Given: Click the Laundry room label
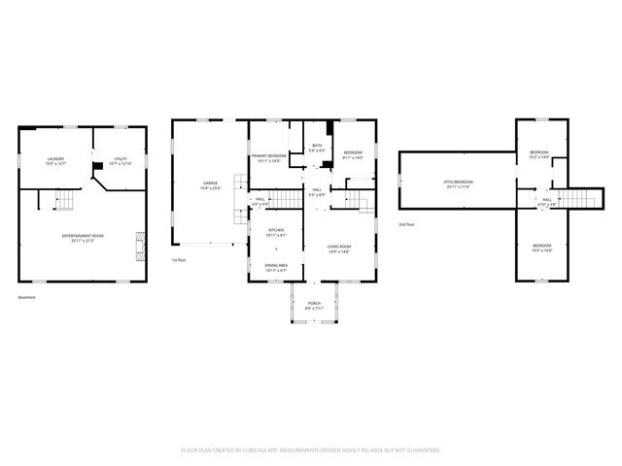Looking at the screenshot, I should coord(55,159).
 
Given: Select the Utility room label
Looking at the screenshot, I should coord(120,158).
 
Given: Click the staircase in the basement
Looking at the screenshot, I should coord(64,201).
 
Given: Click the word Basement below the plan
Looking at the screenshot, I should coord(26,297).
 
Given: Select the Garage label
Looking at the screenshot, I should coord(210,183).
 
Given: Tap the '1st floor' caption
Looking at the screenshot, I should coord(179,260).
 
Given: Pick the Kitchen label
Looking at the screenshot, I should coord(277,231).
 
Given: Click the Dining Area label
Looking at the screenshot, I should coord(277,264).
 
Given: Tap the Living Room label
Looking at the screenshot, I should coord(337,248).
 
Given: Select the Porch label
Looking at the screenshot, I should coord(314,303).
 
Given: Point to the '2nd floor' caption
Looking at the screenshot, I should coord(407,224).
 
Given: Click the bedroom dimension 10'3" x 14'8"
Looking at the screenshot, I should coord(540,250).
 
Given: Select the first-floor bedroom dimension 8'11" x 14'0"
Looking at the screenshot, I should coord(353,157).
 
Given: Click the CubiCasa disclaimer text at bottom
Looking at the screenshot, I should coord(311,449).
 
